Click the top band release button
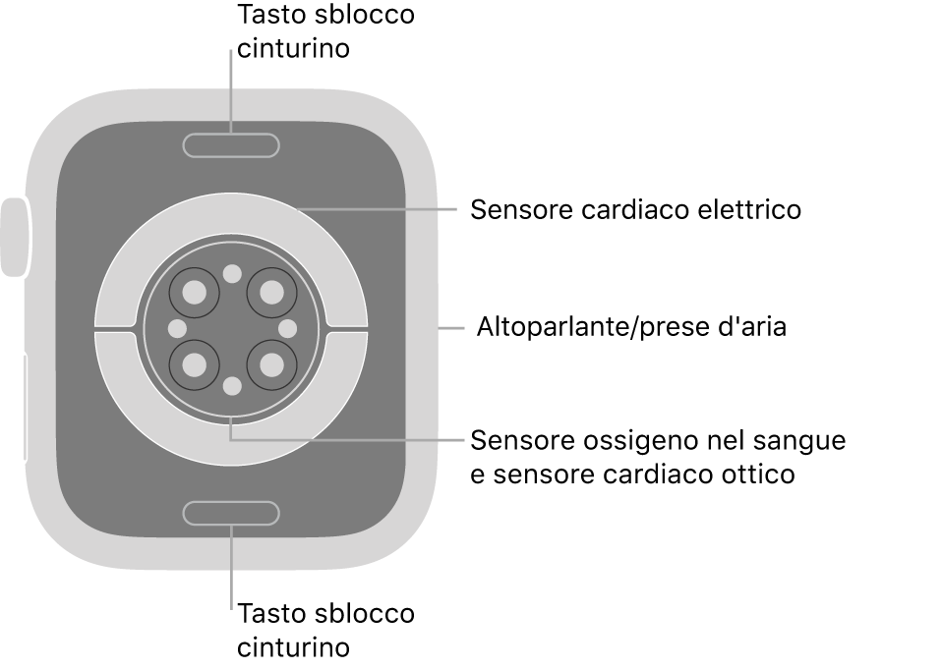pyautogui.click(x=231, y=145)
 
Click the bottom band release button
pyautogui.click(x=231, y=512)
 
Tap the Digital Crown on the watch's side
pyautogui.click(x=15, y=238)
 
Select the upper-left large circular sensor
pyautogui.click(x=195, y=292)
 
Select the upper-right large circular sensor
pyautogui.click(x=270, y=292)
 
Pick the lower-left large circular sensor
pyautogui.click(x=195, y=365)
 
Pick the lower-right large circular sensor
pyautogui.click(x=270, y=365)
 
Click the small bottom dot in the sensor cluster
pyautogui.click(x=232, y=386)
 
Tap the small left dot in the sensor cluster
pyautogui.click(x=178, y=328)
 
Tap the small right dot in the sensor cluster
pyautogui.click(x=288, y=328)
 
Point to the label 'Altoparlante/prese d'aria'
pyautogui.click(x=631, y=327)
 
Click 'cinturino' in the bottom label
pyautogui.click(x=293, y=647)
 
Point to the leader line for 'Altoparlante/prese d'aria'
pyautogui.click(x=451, y=327)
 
